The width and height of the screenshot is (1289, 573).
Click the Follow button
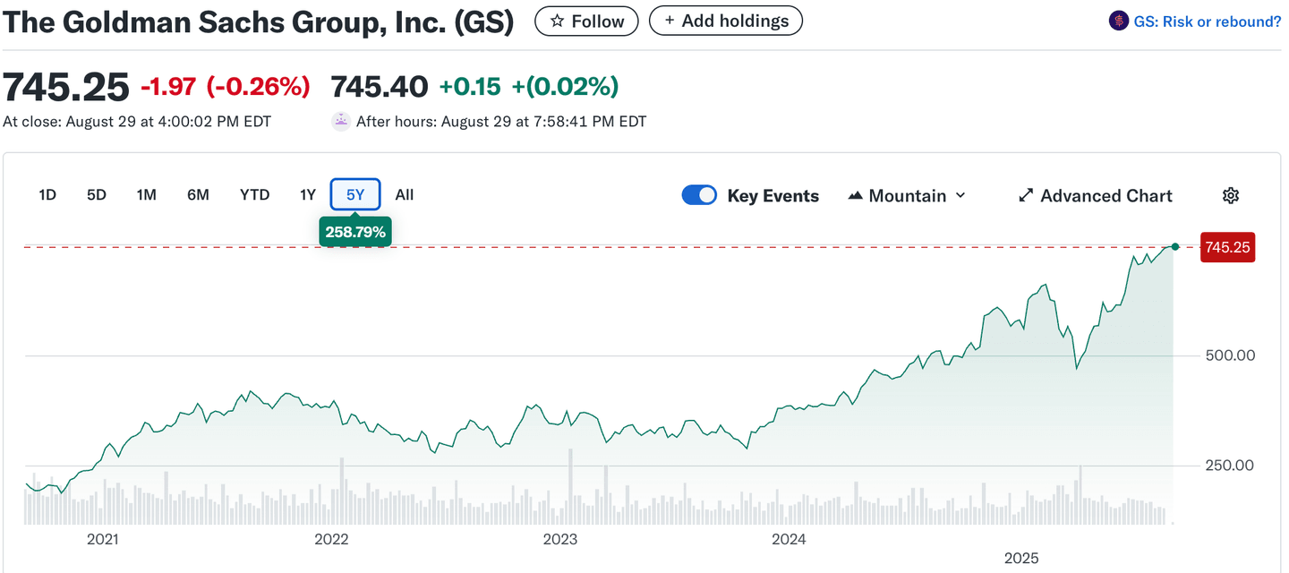586,21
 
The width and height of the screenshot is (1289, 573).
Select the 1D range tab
47,194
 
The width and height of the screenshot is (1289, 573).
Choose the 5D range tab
97,194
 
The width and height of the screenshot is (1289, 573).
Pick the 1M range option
147,194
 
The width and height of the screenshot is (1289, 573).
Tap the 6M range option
198,194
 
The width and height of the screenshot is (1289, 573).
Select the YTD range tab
254,194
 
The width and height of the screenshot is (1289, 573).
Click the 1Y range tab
308,194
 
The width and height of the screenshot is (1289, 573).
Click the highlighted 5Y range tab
355,194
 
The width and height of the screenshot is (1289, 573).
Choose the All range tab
405,194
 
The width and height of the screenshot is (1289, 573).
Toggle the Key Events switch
699,195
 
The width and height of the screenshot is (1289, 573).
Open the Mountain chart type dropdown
907,195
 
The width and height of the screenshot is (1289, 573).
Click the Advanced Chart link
1096,195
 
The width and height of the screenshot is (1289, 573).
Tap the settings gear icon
1231,195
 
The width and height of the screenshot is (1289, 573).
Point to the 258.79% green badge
355,232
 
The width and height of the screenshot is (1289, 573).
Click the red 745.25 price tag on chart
1227,247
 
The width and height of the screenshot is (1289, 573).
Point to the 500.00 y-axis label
1230,355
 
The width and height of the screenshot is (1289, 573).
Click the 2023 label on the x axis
560,539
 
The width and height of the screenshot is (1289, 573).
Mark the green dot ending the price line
1175,246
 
